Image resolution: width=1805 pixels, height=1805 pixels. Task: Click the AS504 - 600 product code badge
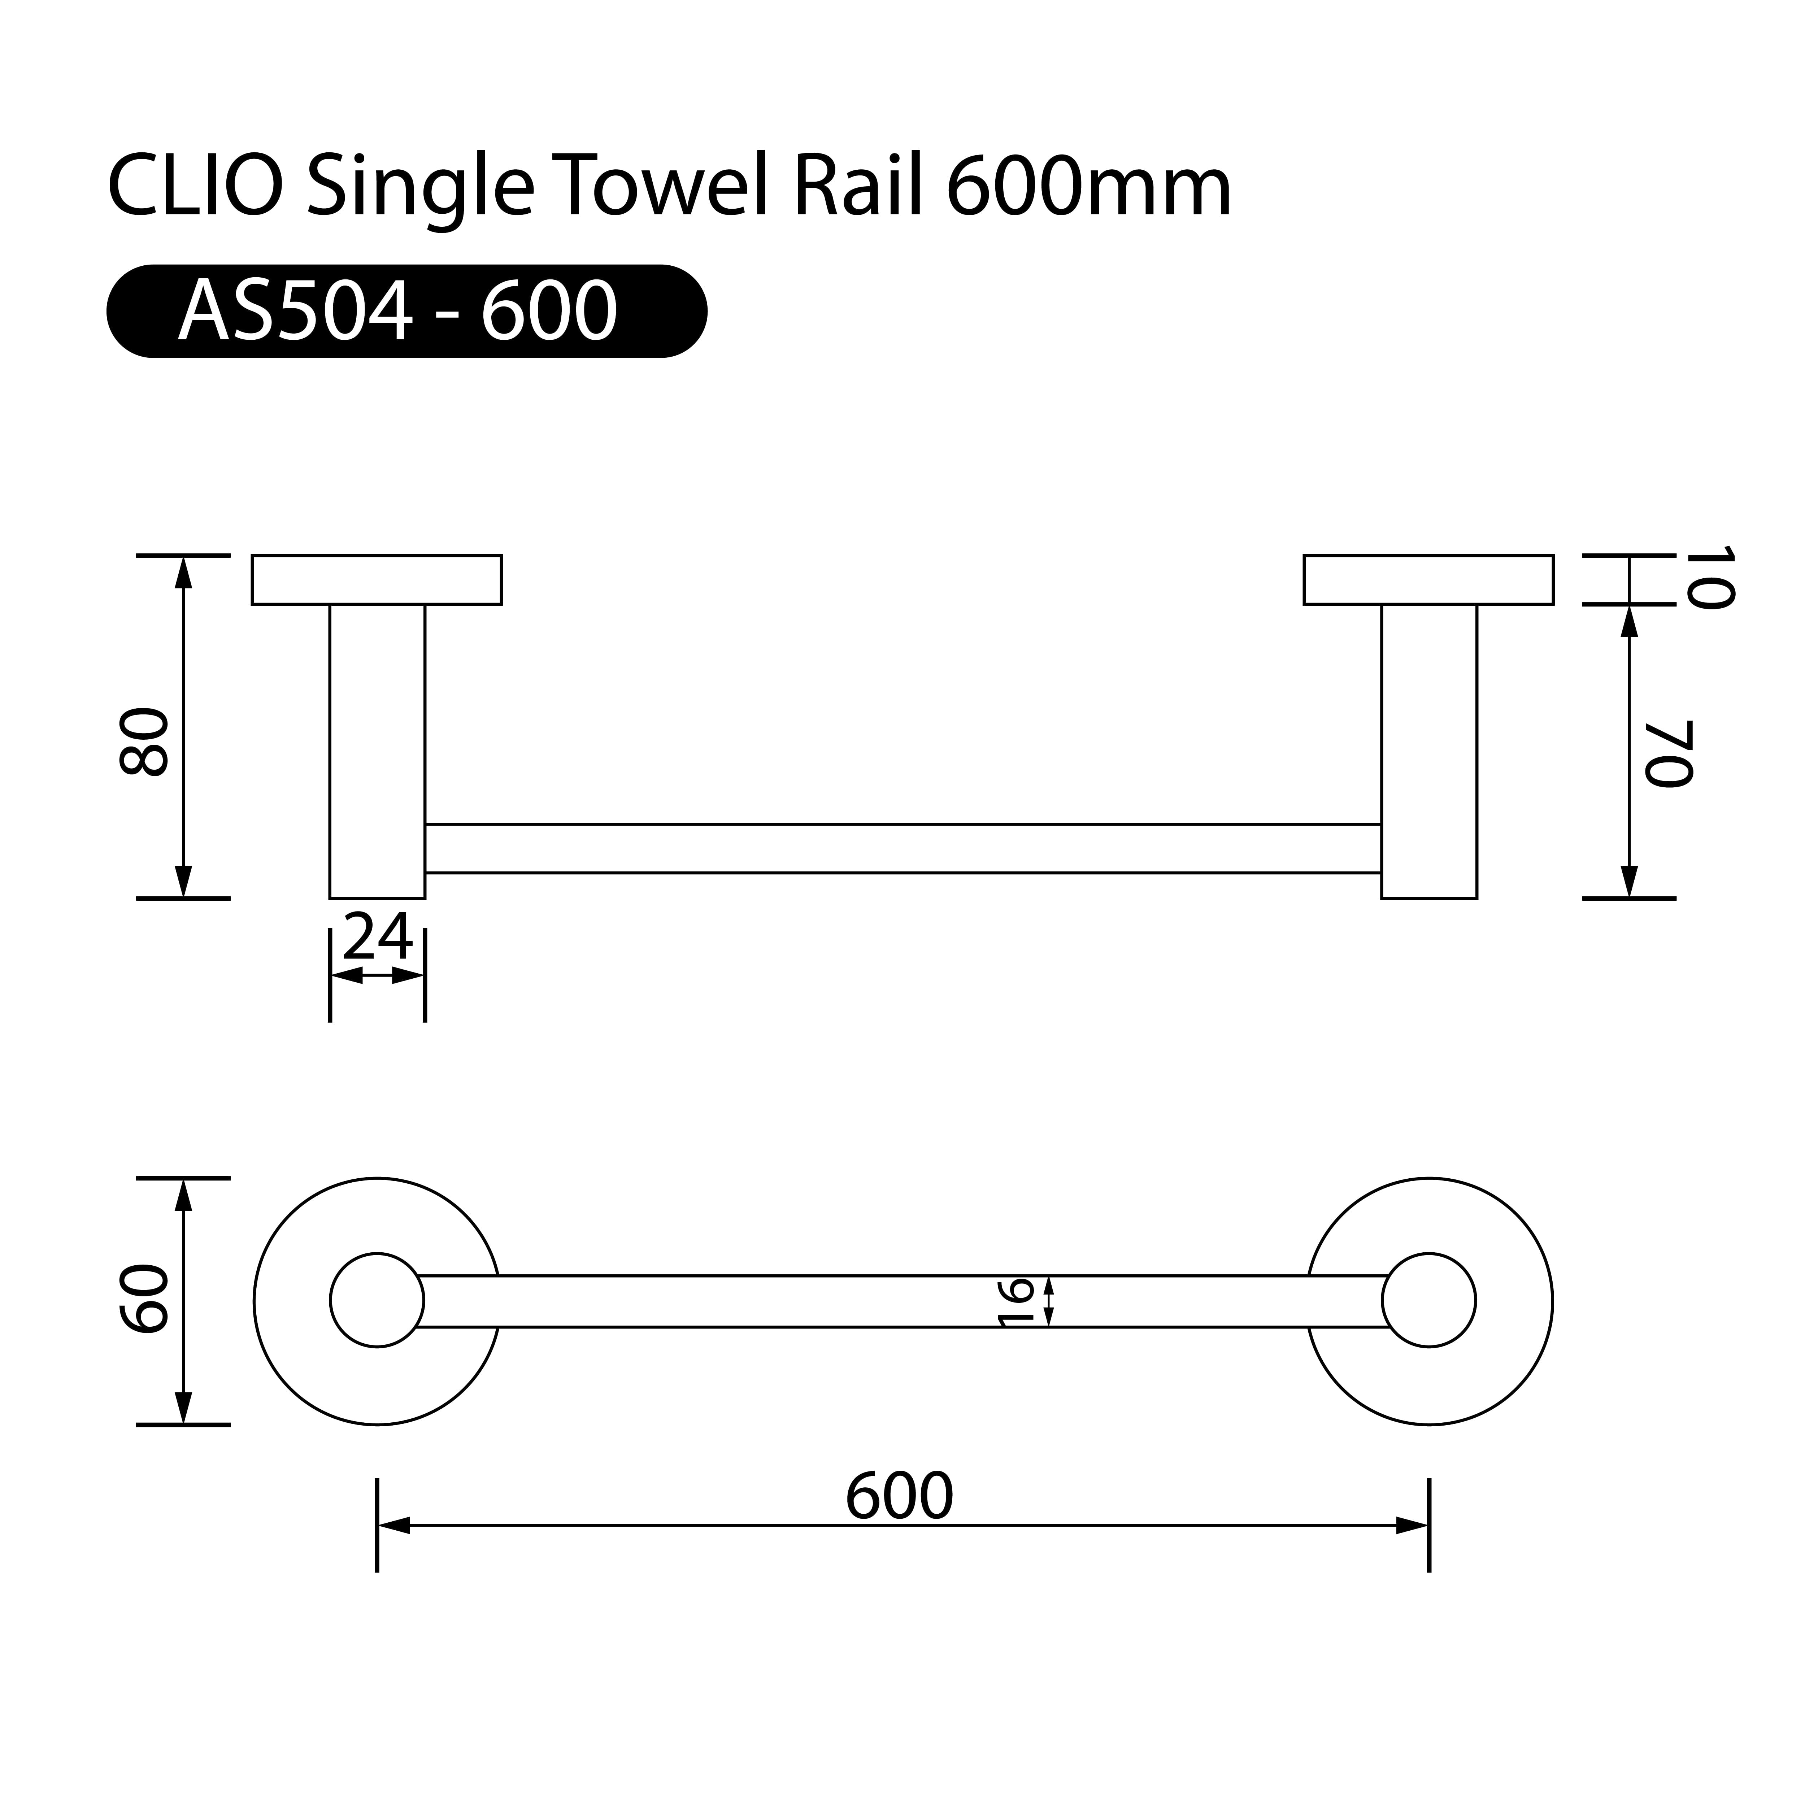click(x=406, y=311)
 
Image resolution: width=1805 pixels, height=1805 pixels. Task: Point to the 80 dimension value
click(x=145, y=743)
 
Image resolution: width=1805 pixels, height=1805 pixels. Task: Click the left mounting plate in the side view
click(x=377, y=580)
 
